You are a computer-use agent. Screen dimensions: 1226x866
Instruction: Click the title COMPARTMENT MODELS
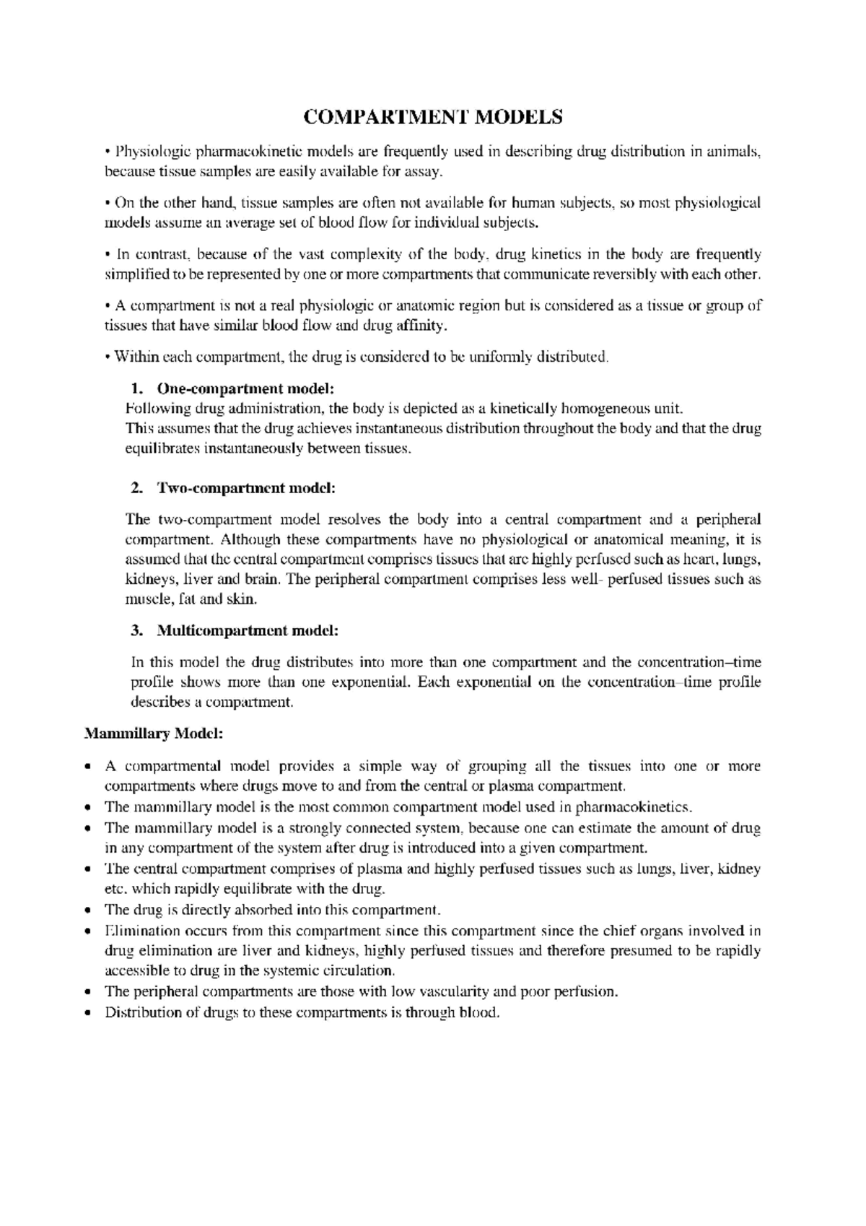[432, 117]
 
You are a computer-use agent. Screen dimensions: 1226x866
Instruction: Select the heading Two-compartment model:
[245, 488]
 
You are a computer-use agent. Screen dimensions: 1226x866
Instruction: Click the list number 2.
[136, 488]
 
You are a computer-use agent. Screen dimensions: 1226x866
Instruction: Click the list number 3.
[136, 630]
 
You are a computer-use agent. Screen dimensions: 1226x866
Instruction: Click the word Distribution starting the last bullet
[141, 1012]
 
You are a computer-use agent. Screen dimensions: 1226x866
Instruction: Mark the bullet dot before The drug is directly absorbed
[88, 910]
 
